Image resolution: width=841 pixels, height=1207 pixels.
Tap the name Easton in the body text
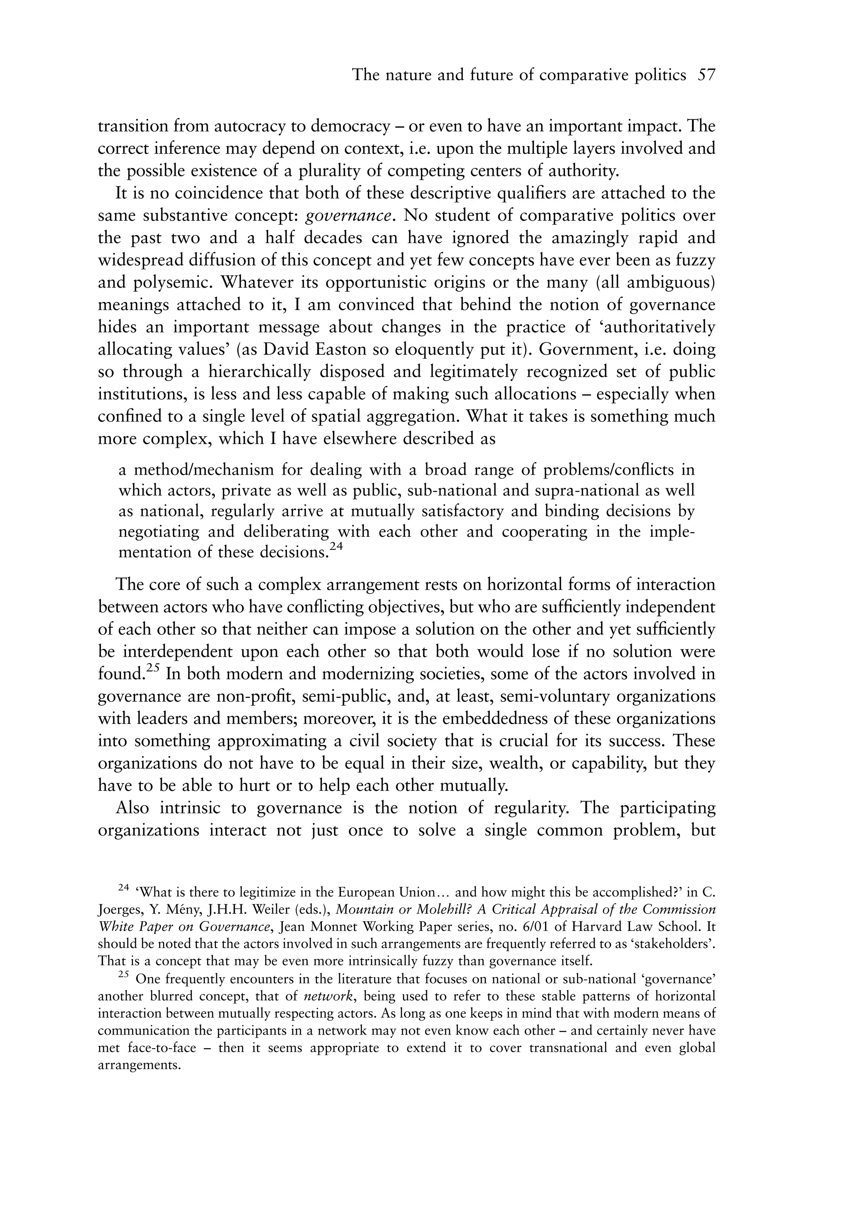point(346,350)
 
